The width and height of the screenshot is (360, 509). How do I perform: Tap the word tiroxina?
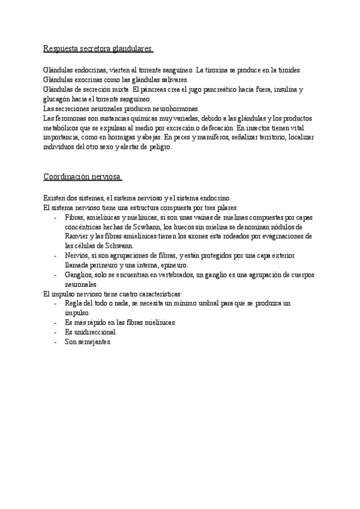217,70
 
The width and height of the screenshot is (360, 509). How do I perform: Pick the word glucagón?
58,99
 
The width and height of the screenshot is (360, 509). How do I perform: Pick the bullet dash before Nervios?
55,255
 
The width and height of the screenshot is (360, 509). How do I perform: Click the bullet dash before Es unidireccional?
55,332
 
